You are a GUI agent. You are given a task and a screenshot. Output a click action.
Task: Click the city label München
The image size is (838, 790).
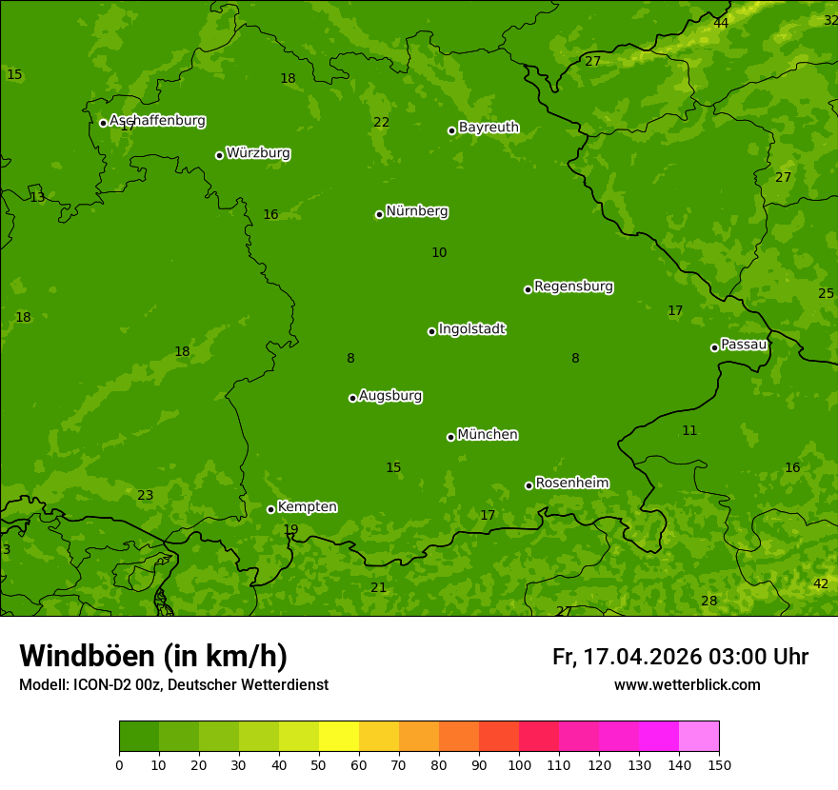point(487,435)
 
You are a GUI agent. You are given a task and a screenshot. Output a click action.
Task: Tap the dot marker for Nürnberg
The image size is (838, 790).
point(379,214)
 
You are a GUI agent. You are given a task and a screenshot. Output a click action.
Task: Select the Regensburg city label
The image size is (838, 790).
point(573,286)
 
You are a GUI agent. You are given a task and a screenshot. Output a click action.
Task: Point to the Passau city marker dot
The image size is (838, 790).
point(714,347)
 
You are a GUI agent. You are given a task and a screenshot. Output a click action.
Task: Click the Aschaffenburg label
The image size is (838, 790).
point(157,121)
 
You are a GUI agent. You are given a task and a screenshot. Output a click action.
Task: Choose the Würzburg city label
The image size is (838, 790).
point(258,153)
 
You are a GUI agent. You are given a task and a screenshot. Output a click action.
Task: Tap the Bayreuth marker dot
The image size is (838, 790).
point(451,130)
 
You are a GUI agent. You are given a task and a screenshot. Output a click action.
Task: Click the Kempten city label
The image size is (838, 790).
point(307,507)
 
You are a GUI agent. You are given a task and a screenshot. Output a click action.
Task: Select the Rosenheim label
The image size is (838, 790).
point(571,484)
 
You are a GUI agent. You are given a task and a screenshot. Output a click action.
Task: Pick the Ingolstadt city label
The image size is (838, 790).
point(471,329)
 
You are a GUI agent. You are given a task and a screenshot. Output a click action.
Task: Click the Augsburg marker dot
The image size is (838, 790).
point(352,398)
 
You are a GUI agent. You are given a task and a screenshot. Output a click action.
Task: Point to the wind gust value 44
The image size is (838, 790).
point(721,23)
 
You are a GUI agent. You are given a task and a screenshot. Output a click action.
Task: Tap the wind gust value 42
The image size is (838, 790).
point(820,583)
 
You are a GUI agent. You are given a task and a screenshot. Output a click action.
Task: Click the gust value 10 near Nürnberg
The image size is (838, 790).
point(439,253)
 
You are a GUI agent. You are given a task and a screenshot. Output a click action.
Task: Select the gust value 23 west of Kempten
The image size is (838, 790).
point(145,496)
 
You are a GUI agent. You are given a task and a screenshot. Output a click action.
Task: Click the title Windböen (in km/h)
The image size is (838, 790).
point(153,656)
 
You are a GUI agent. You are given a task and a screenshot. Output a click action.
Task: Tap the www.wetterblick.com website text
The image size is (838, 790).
point(687,685)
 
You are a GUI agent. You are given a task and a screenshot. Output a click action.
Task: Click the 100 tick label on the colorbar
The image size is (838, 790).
point(519,764)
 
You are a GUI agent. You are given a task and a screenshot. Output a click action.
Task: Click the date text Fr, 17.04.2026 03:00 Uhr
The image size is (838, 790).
point(680,657)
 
